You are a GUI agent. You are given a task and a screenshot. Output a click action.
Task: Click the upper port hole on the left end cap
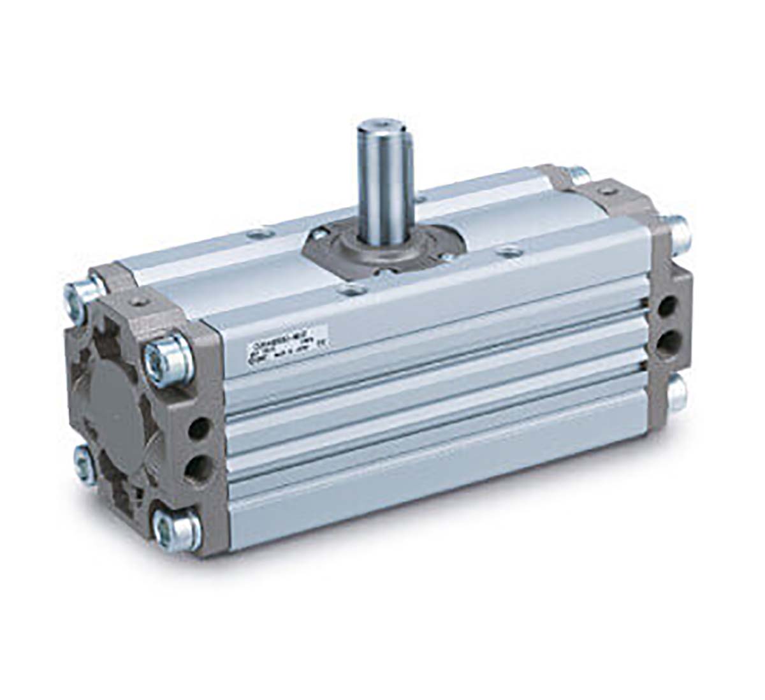pos(199,426)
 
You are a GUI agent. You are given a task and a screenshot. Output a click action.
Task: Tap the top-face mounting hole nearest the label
pos(347,293)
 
